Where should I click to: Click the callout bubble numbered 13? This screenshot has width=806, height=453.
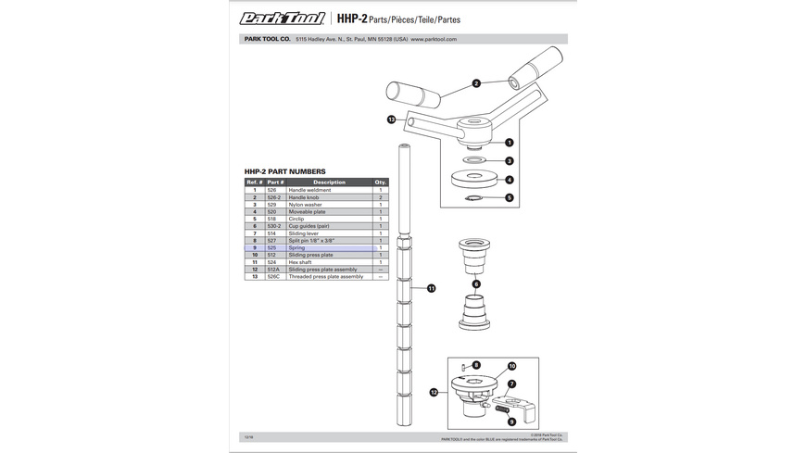392,120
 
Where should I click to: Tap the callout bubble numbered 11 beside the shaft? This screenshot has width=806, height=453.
431,289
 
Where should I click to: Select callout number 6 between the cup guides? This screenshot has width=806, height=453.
477,284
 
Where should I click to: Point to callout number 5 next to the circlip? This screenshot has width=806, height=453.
509,197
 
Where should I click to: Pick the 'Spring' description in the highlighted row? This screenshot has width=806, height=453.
296,247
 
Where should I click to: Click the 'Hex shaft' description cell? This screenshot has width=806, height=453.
301,262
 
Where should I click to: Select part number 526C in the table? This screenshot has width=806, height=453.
274,276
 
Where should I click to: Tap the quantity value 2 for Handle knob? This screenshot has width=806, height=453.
380,197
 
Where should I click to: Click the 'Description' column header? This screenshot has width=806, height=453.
329,182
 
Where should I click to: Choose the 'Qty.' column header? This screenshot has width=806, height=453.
380,182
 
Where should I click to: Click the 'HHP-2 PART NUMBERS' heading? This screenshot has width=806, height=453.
284,171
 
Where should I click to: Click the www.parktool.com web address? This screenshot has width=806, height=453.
434,39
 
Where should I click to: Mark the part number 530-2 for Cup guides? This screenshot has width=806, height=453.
273,226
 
